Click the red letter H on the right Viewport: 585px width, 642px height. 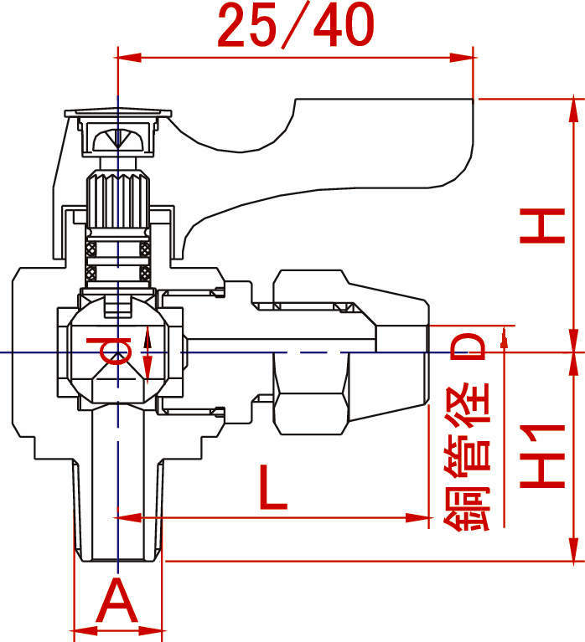tap(541, 227)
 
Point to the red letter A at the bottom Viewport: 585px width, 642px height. tap(118, 601)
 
